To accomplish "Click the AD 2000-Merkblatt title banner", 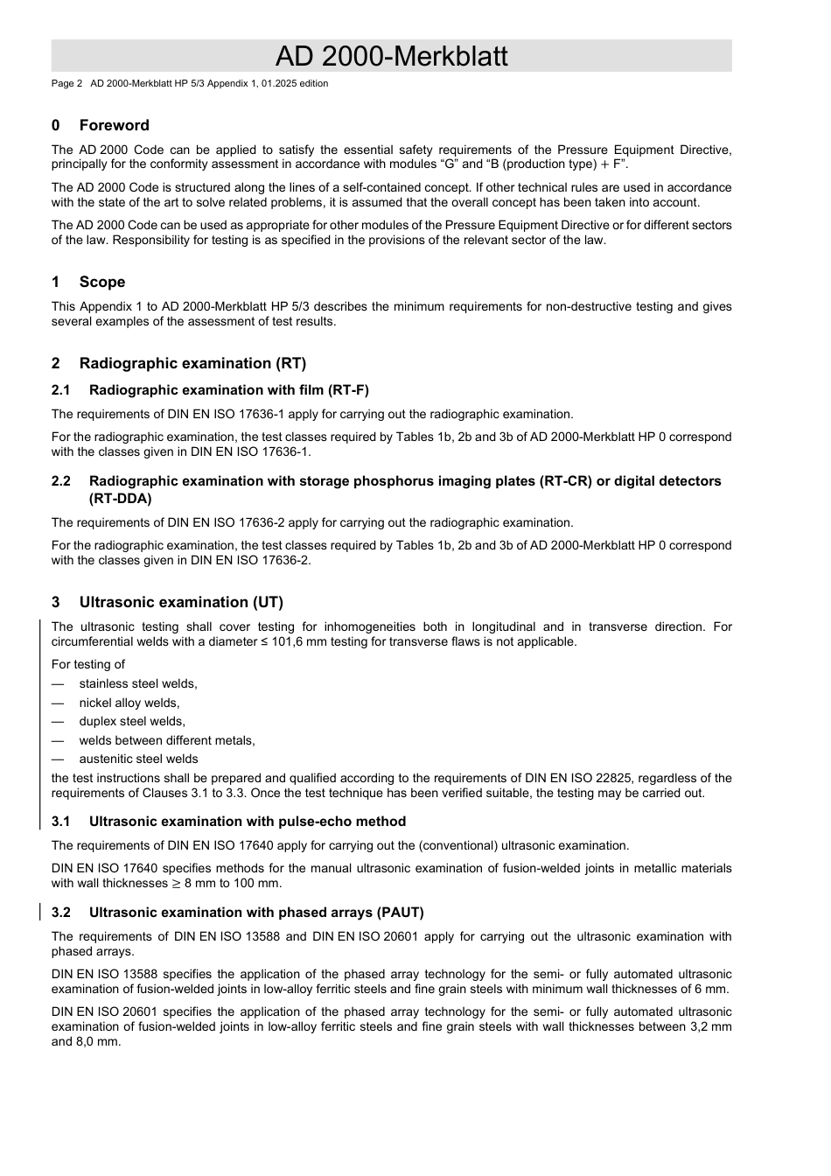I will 391,56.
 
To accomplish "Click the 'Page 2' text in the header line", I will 66,84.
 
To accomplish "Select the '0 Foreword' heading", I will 101,125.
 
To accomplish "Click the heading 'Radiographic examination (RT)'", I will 192,363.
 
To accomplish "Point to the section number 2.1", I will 60,390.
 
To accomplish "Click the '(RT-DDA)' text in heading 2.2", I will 120,499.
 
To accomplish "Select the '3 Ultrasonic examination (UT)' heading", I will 167,602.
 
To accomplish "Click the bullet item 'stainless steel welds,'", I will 138,683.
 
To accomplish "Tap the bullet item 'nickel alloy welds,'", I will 129,703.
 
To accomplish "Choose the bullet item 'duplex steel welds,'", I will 132,721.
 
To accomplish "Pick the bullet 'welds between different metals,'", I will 167,740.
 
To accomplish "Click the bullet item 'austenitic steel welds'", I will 138,759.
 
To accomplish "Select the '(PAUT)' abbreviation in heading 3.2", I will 401,913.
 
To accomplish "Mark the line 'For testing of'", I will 87,664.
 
